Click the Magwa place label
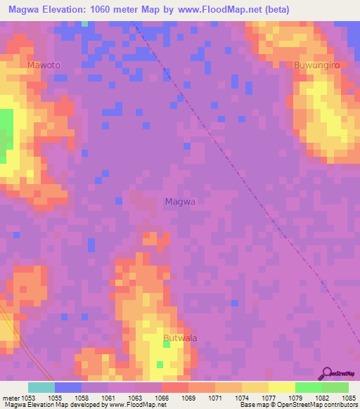point(179,202)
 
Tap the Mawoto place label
point(44,65)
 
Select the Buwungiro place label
point(317,65)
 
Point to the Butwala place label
point(180,338)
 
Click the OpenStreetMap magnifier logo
point(327,372)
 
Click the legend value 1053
point(29,398)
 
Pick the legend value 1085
point(349,398)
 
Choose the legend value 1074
point(242,398)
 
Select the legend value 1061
point(109,398)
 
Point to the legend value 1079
point(295,398)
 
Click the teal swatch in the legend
point(41,387)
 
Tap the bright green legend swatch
point(308,387)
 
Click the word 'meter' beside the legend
point(11,398)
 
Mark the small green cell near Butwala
point(160,364)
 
